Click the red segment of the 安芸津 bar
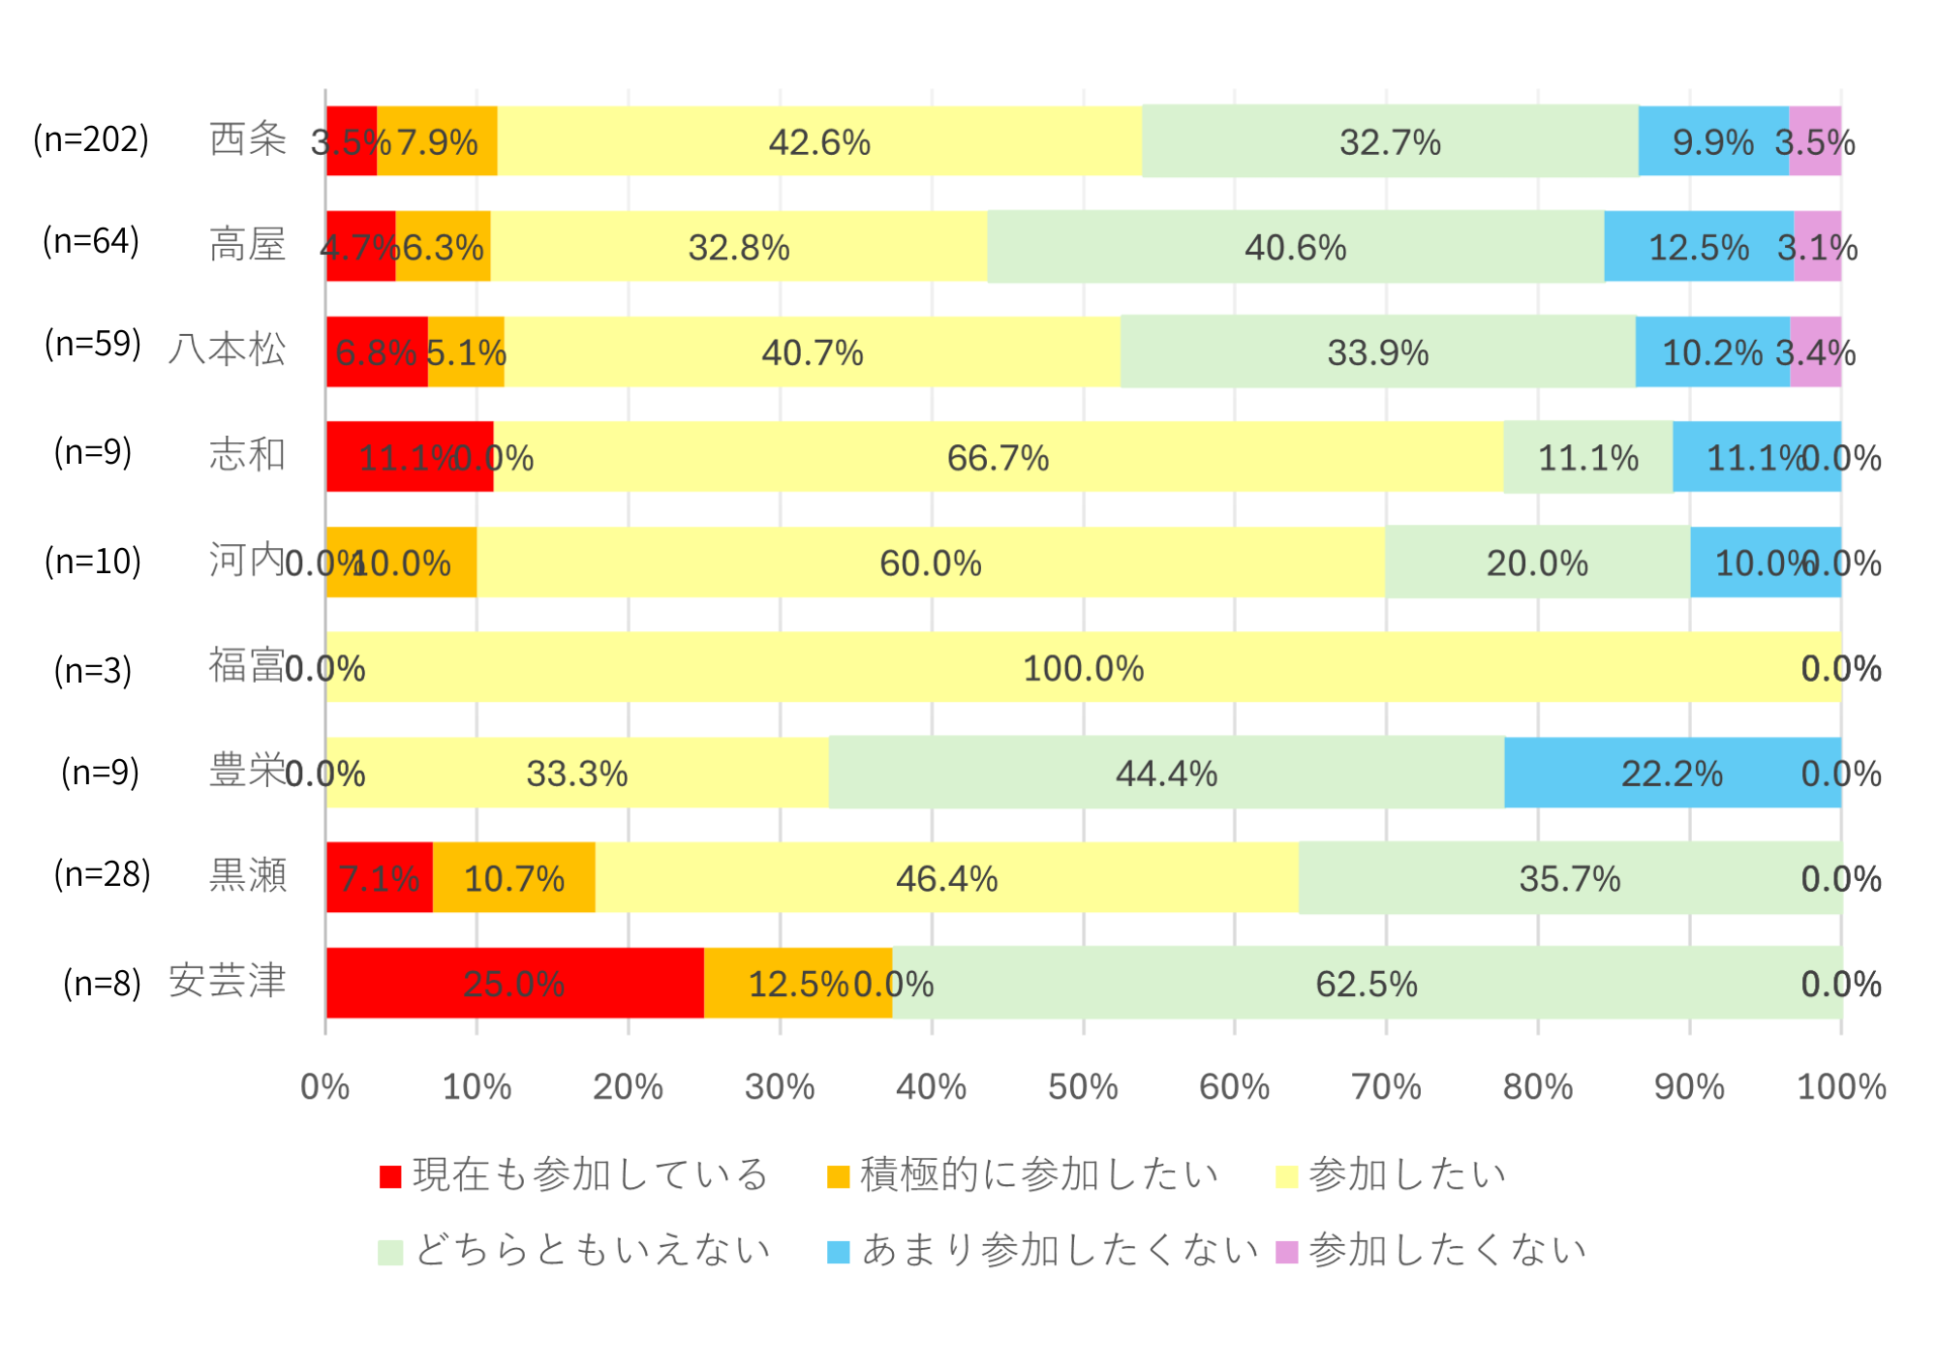(514, 983)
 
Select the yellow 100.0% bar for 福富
(1083, 667)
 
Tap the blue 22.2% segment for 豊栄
(1672, 773)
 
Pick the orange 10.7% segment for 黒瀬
(513, 877)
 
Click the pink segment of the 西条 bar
(1814, 141)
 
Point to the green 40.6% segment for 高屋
(1295, 247)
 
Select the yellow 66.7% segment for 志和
(998, 457)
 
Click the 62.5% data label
(1366, 984)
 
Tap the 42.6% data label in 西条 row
(819, 142)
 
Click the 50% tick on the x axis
(1083, 1086)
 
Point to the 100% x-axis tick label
(1841, 1086)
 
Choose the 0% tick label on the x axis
(324, 1086)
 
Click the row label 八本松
(228, 349)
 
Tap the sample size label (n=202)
(91, 139)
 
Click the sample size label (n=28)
(102, 874)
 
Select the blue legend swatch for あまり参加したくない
(838, 1252)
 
